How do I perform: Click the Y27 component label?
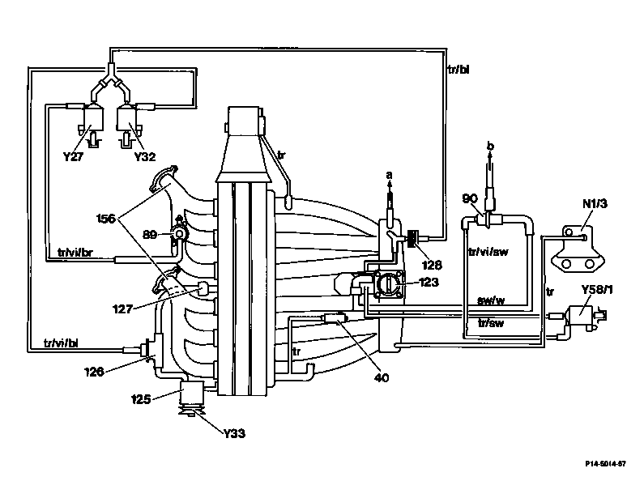[73, 156]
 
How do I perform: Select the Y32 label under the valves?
[145, 156]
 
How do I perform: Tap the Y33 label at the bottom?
[235, 433]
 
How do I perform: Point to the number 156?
[106, 219]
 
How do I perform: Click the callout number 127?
[122, 309]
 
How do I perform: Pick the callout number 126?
[94, 372]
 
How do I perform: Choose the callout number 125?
[141, 399]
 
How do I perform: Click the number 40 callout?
[382, 377]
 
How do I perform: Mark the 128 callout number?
[432, 265]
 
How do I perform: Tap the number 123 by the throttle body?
[429, 283]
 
